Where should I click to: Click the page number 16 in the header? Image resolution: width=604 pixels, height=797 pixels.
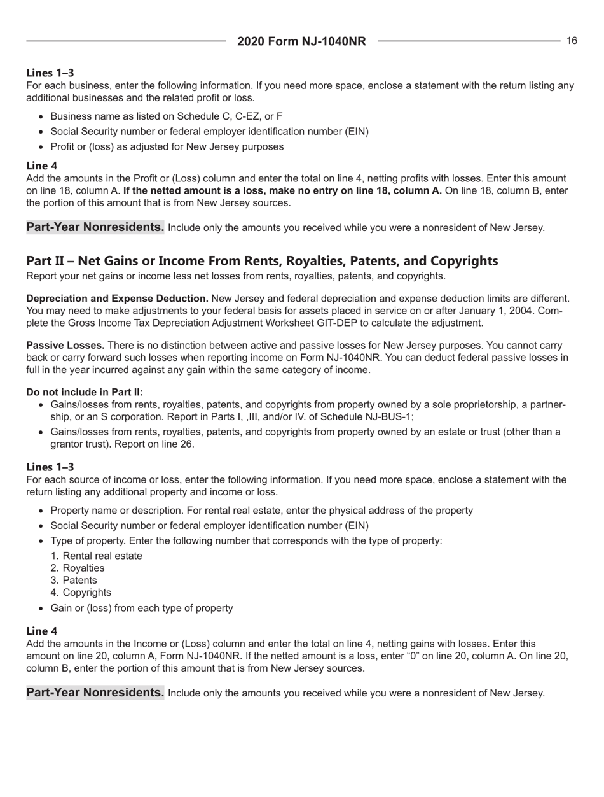[572, 41]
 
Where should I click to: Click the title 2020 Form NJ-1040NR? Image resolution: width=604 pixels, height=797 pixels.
[301, 42]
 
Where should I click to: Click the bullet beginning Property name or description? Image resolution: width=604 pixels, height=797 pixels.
[261, 511]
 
